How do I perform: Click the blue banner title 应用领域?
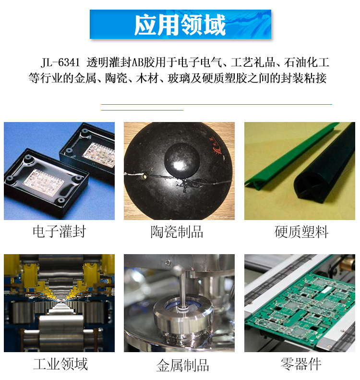[180, 25]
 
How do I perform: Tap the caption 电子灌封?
[59, 232]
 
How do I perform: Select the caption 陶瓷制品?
[177, 233]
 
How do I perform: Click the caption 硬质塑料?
[301, 233]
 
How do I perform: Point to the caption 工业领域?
[60, 364]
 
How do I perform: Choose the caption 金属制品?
[182, 365]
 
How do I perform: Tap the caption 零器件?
[301, 364]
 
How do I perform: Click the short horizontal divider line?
[143, 110]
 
